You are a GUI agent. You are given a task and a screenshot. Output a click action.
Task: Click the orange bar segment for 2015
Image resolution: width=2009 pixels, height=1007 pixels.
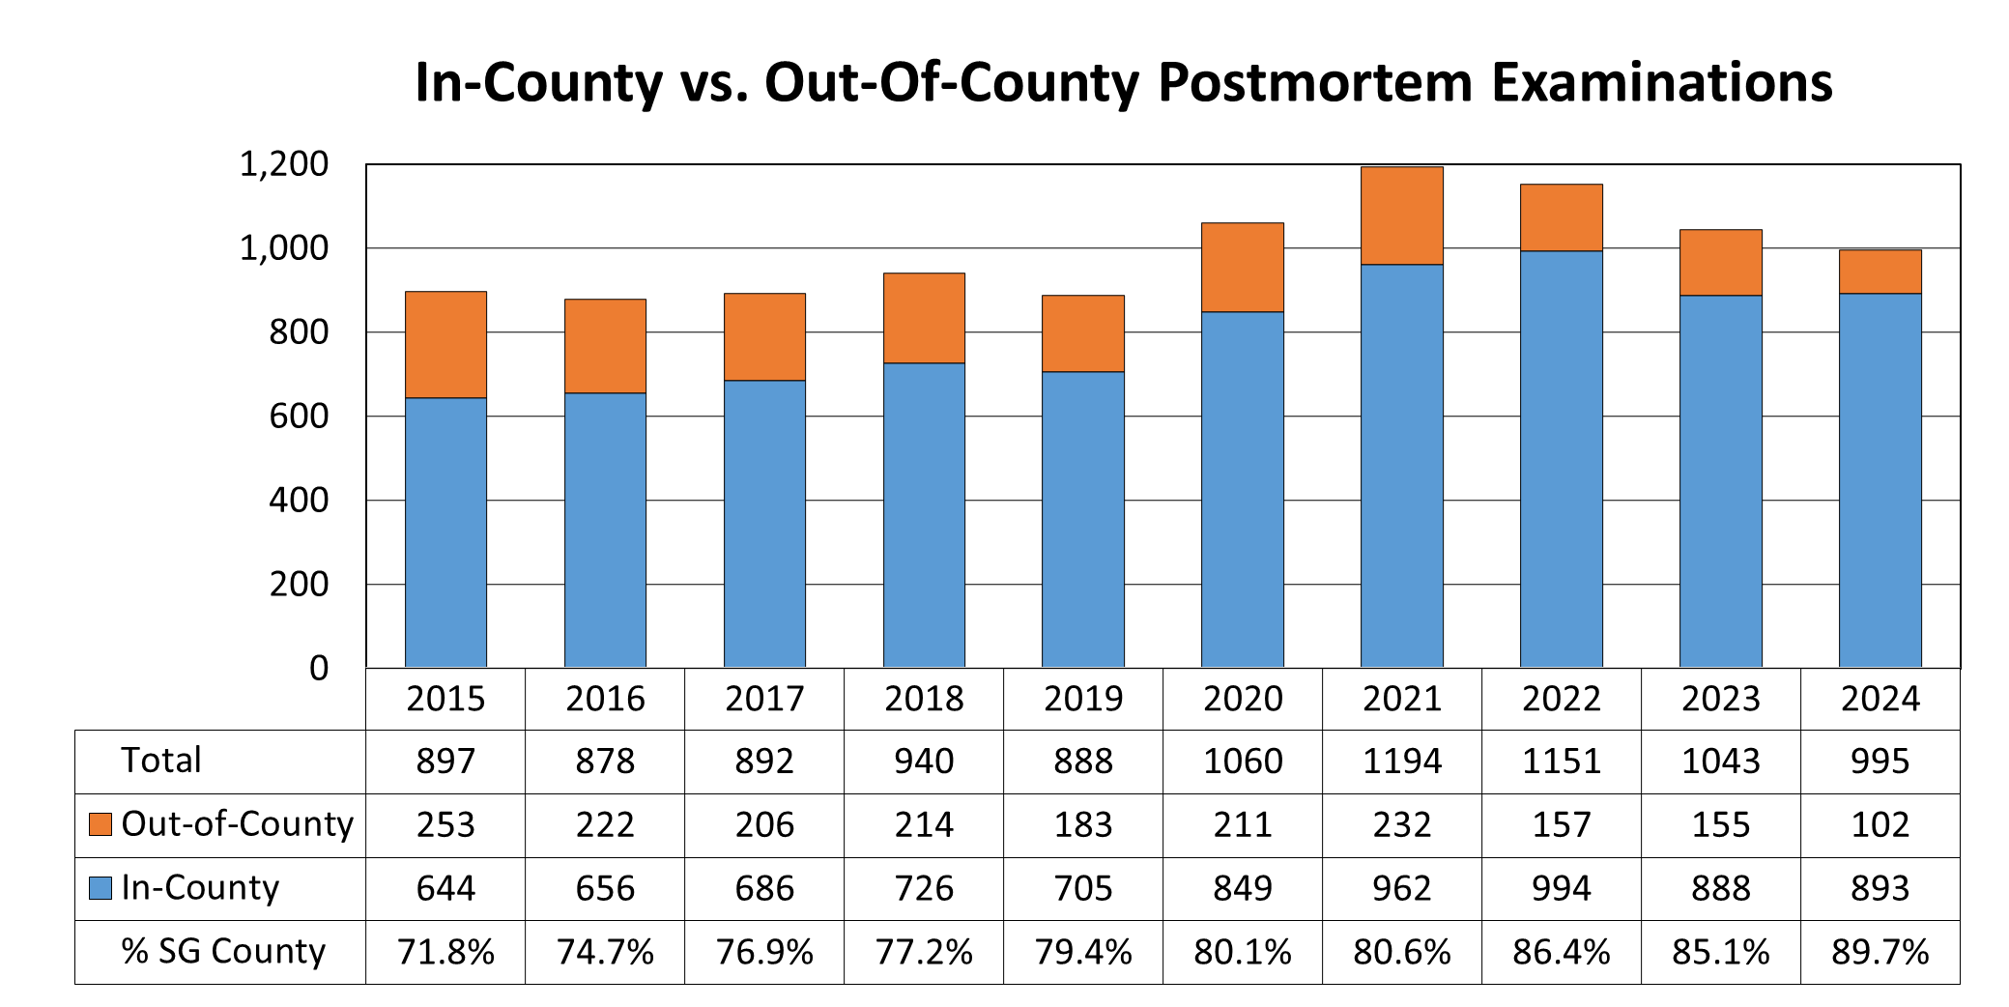pos(445,345)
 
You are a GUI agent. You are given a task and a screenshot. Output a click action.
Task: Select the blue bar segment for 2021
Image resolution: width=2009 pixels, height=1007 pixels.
pos(1402,464)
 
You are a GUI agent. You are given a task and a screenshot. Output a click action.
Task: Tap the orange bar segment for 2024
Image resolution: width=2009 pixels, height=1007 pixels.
pos(1880,272)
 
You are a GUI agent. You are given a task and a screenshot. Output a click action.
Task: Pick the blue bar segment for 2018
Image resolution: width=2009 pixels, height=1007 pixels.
pos(924,514)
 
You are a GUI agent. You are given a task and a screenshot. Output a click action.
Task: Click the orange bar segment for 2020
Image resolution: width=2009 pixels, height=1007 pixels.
pos(1243,268)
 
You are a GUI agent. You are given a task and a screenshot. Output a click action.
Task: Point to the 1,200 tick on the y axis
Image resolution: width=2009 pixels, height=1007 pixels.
pos(284,164)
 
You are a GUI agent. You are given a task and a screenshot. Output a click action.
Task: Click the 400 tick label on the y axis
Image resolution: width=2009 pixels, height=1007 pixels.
pos(299,501)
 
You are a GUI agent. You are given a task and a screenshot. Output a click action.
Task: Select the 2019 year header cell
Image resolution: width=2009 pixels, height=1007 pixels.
pos(1083,699)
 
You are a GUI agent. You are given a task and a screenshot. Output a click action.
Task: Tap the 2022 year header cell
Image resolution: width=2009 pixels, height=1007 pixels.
pos(1562,699)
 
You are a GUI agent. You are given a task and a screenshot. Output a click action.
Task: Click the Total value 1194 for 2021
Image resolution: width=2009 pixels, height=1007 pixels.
pos(1402,762)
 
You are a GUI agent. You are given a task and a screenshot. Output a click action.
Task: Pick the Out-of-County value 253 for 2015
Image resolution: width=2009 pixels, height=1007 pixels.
pos(445,825)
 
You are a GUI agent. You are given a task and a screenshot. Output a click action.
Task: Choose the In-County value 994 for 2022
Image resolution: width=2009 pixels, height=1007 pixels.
pos(1562,888)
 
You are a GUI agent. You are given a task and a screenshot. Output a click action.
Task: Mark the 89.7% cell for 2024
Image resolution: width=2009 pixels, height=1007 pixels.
pos(1880,952)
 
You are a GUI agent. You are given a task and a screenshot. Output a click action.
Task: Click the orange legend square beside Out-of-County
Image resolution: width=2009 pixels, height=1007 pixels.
pos(100,824)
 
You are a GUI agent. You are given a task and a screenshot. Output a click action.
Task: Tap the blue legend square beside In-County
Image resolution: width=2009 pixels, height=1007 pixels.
pos(100,887)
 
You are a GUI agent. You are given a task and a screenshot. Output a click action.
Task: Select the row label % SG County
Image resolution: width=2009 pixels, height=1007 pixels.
pos(223,951)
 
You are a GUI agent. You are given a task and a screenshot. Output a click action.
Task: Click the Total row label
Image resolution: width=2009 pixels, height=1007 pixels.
pos(161,761)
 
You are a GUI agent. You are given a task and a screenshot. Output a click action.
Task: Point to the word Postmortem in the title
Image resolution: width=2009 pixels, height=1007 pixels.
pos(1315,82)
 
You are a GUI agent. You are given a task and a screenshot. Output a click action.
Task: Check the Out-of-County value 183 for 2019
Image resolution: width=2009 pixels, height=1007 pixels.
pos(1083,825)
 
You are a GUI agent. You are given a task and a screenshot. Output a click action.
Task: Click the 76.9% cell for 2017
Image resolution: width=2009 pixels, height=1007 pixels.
pos(764,952)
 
